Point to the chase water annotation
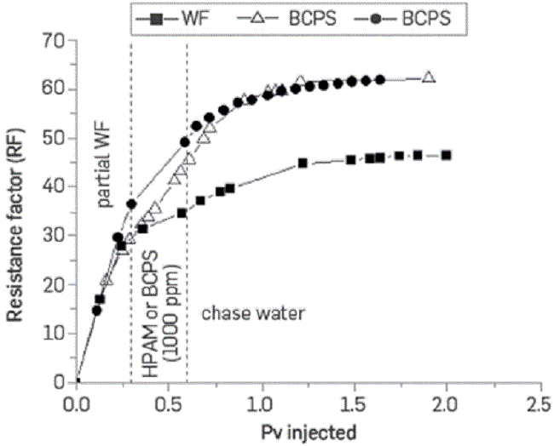(252, 313)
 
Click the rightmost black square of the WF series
(446, 155)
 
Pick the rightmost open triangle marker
(429, 77)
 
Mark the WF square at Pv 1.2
(303, 163)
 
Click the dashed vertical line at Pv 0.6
(188, 255)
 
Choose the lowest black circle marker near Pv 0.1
(96, 310)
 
